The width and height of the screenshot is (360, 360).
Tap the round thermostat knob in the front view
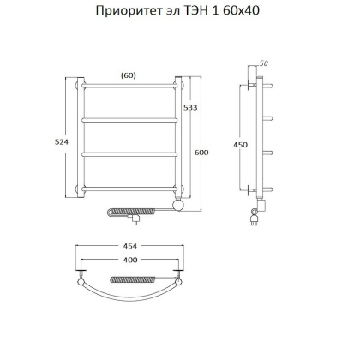[x=178, y=206]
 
